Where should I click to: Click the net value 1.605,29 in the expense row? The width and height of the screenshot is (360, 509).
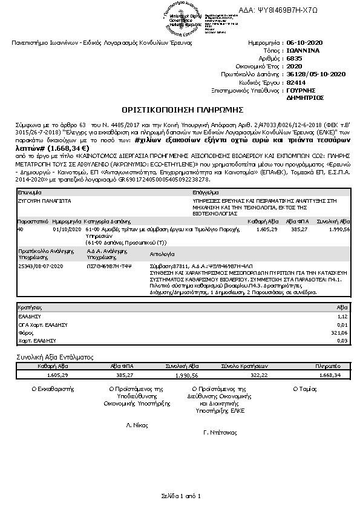click(267, 231)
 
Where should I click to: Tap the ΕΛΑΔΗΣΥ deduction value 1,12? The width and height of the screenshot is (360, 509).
click(344, 316)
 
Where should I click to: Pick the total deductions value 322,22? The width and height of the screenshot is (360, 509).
click(258, 375)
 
